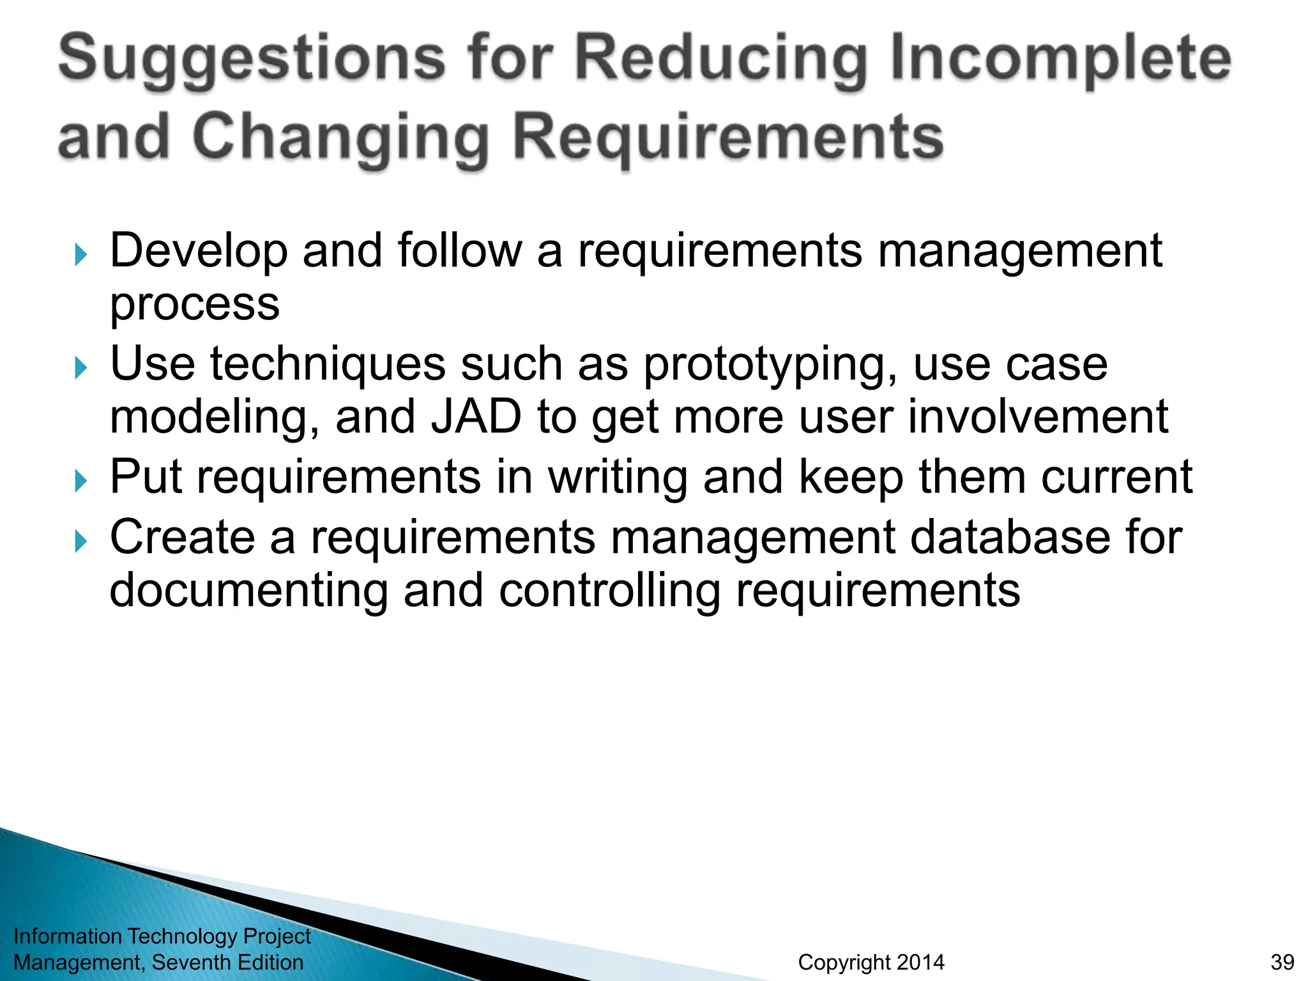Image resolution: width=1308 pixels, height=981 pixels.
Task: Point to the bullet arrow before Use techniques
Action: [80, 368]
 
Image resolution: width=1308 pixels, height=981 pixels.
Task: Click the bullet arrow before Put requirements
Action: [80, 481]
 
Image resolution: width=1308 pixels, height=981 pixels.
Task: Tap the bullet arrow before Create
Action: [80, 542]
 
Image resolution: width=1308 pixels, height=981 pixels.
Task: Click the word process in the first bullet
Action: [195, 305]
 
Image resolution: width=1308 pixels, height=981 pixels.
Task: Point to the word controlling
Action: [609, 591]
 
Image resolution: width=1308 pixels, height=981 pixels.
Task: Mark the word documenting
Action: [249, 591]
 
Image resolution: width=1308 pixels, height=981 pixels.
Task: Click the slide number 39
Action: [1282, 962]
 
